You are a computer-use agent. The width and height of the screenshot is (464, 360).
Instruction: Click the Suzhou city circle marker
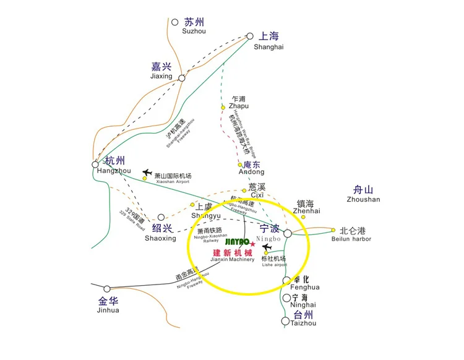[x=174, y=22]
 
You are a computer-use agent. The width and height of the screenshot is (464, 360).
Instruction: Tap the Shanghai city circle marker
[x=250, y=36]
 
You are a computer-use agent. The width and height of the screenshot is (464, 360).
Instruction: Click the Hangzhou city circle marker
[x=95, y=165]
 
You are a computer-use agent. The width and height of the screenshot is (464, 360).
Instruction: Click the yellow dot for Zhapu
[x=223, y=108]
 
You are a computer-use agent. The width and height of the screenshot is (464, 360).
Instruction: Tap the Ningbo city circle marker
[x=288, y=233]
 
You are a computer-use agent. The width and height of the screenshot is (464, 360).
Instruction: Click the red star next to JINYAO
[x=252, y=244]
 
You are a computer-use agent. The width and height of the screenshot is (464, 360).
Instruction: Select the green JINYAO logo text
[x=235, y=241]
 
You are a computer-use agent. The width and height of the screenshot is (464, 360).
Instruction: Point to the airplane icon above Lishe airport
[x=267, y=247]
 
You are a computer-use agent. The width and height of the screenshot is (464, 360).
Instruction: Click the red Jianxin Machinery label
[x=233, y=254]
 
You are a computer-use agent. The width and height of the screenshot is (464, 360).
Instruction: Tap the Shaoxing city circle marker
[x=161, y=218]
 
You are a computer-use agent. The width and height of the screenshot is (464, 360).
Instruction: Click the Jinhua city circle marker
[x=107, y=289]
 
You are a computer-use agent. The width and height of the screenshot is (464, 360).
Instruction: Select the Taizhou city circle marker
[x=285, y=321]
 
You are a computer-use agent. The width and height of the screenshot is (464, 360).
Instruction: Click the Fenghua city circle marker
[x=286, y=281]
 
